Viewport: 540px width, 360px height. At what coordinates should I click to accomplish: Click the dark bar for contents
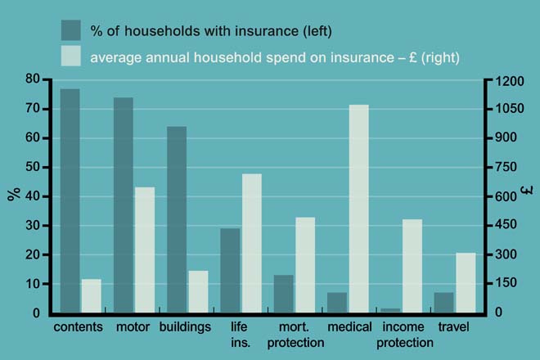pos(70,200)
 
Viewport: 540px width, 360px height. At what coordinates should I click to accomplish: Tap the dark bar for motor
pos(124,205)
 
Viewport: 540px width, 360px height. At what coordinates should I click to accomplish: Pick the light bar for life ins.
pos(251,243)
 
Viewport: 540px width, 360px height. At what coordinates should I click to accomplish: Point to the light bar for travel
pos(466,282)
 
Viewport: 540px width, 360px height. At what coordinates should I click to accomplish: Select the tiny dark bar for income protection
pos(390,310)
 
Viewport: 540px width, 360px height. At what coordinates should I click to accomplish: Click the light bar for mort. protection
pos(305,264)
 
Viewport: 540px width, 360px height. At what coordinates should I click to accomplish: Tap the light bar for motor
pos(145,250)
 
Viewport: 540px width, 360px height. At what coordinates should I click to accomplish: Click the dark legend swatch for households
pos(71,31)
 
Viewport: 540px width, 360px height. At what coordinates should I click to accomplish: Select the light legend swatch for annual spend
pos(71,56)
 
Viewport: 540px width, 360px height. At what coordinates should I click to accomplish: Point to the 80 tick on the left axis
pos(33,79)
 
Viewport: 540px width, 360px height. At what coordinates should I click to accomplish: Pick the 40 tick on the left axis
pos(33,196)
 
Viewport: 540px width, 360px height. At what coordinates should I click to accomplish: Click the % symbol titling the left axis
pos(13,195)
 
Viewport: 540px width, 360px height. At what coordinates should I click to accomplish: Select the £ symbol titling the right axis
pos(528,195)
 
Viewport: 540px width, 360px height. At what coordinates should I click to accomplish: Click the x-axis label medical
pos(349,327)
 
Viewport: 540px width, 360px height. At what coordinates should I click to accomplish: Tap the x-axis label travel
pos(454,327)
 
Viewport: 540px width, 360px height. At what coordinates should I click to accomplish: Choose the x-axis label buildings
pos(186,327)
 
